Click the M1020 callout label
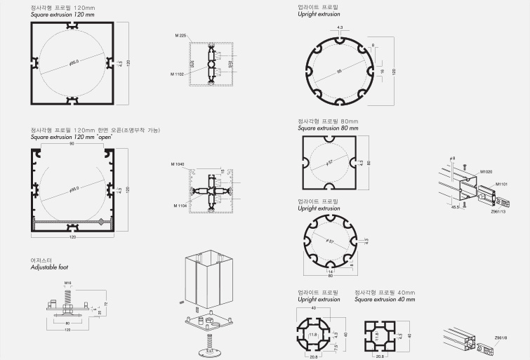(x=486, y=171)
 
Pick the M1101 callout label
(x=503, y=185)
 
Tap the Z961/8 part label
(x=500, y=336)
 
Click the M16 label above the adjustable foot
(x=68, y=284)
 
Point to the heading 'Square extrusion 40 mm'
(x=385, y=299)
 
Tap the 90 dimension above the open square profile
(x=72, y=145)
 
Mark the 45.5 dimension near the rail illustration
(x=455, y=207)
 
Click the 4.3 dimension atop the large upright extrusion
(x=340, y=28)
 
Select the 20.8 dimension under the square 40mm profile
(x=379, y=356)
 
